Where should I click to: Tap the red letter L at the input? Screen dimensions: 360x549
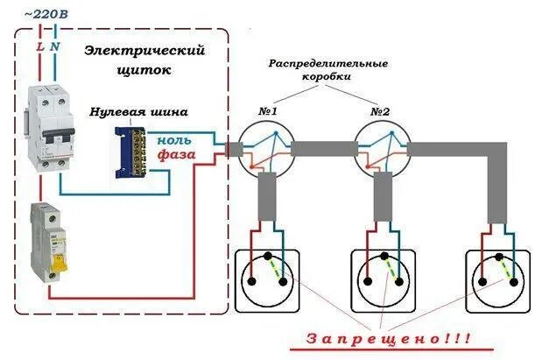[39, 45]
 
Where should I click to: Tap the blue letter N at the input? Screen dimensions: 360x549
[57, 45]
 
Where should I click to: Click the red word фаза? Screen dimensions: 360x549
[174, 155]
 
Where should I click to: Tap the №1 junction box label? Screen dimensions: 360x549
[268, 112]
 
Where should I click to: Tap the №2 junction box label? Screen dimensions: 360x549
[380, 112]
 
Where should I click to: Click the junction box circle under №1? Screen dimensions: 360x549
[268, 147]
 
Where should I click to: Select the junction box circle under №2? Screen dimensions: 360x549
[381, 147]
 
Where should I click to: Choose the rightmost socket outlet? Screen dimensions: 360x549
[496, 278]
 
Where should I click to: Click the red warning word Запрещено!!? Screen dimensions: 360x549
[387, 337]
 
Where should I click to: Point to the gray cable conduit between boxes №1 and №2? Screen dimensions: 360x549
[324, 149]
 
